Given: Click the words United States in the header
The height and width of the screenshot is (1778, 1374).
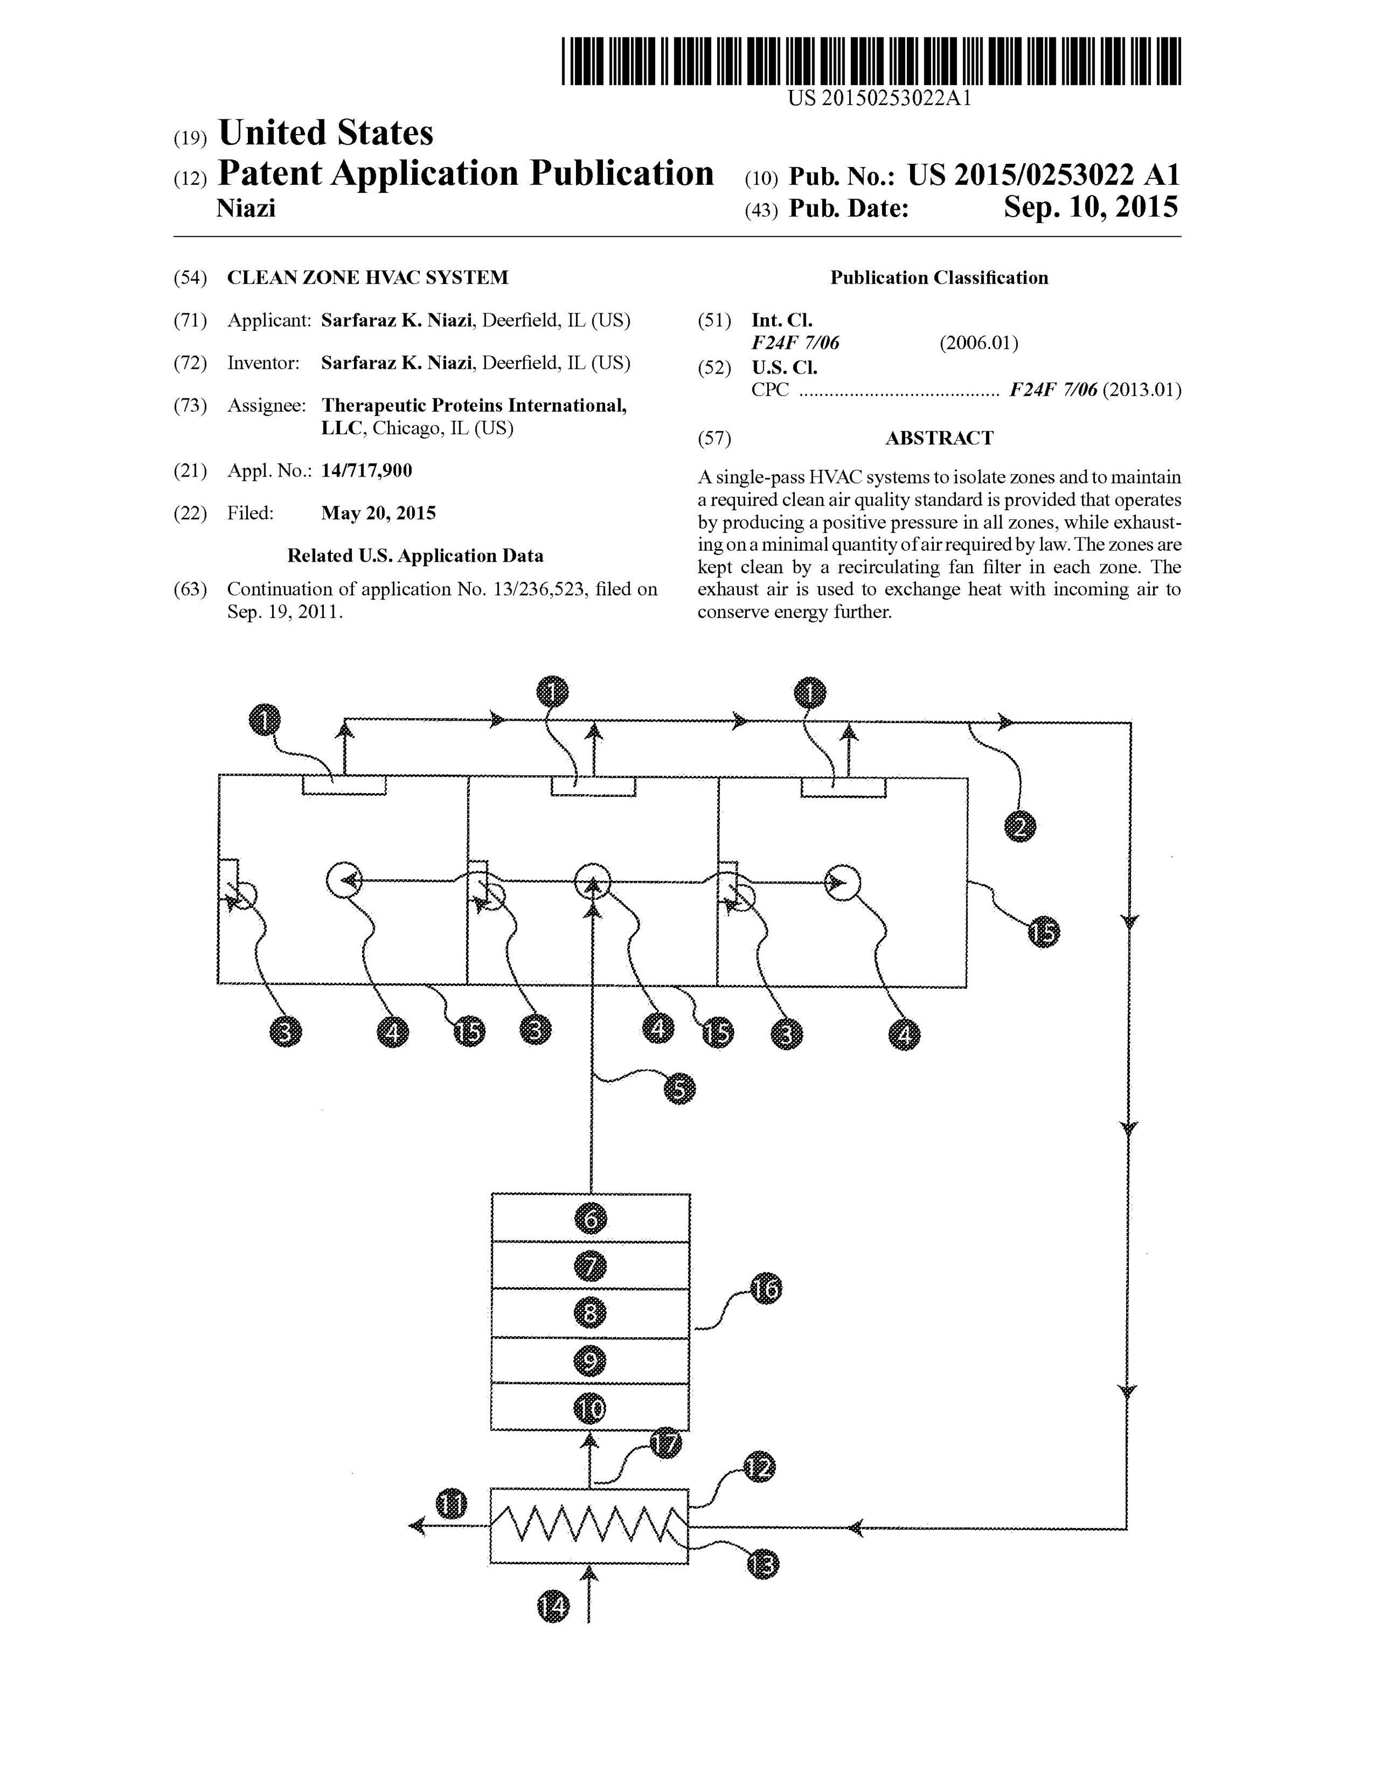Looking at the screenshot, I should (325, 132).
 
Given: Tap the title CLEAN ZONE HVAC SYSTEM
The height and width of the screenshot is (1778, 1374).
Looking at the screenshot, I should (367, 278).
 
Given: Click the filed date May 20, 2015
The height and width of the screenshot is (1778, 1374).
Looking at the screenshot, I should (379, 513).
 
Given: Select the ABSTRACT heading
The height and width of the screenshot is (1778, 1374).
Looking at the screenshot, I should (939, 438).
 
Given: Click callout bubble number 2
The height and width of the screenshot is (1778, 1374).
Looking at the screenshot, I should (1020, 828).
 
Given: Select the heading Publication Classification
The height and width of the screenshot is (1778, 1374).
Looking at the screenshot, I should (939, 278).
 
